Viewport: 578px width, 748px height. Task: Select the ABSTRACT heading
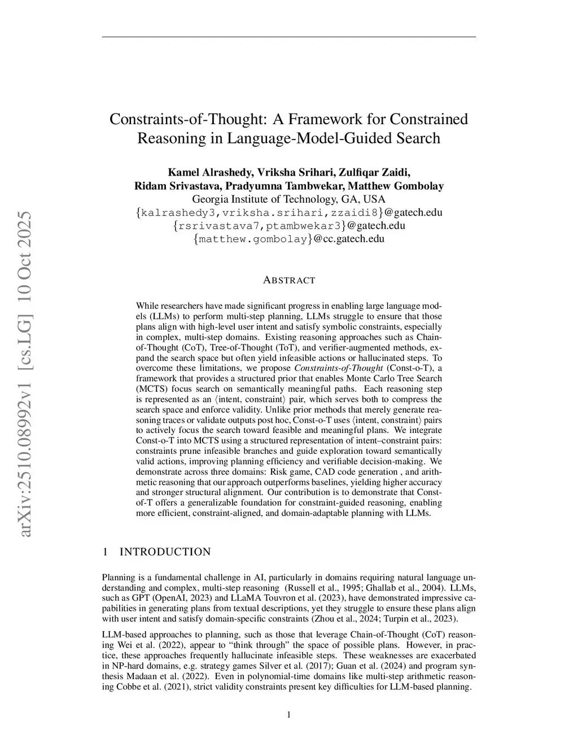click(289, 280)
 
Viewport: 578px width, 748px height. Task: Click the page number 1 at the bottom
click(289, 715)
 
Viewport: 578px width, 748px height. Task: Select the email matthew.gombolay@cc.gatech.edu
click(289, 239)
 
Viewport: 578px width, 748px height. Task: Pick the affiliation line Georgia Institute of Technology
click(289, 199)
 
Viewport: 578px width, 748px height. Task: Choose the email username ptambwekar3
click(304, 226)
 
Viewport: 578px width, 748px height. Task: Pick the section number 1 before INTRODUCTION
click(105, 552)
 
